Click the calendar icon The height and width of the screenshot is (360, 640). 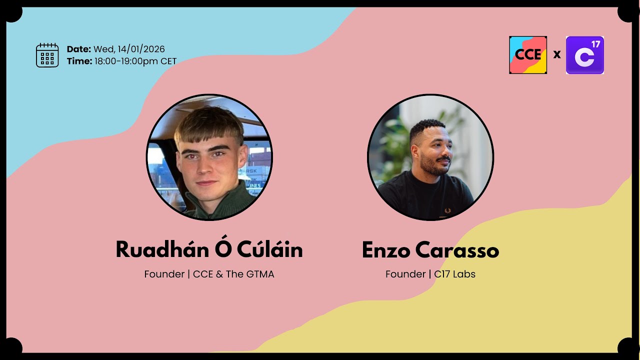[x=47, y=55]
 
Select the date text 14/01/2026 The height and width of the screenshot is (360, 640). [x=141, y=49]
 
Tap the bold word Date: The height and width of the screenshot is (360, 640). [x=79, y=49]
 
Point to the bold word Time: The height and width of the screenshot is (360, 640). [x=79, y=61]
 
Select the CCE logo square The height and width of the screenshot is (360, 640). [x=528, y=55]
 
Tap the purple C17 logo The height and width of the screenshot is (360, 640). [x=584, y=55]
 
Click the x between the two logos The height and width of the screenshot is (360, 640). [x=557, y=54]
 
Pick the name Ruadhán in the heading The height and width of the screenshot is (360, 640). [x=158, y=249]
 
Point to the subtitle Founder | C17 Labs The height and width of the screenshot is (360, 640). [x=430, y=274]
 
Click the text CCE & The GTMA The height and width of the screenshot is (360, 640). [x=233, y=274]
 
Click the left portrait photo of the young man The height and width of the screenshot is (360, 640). [x=209, y=157]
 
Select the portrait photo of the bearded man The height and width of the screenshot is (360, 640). [x=430, y=157]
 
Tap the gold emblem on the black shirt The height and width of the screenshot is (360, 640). [x=447, y=210]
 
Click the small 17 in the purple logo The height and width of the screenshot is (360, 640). [x=595, y=44]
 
